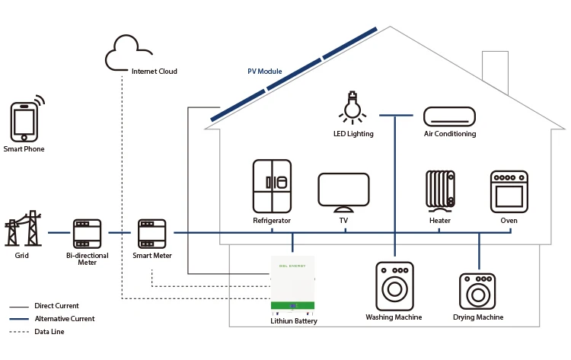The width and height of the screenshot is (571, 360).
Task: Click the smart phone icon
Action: [24, 122]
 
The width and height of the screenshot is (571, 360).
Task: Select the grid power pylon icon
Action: [23, 228]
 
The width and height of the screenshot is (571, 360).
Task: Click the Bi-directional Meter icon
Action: [87, 234]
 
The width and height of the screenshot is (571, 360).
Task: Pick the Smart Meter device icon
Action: [152, 234]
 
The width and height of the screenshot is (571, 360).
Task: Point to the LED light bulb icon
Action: [352, 108]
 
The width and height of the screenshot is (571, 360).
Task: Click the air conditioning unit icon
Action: [449, 116]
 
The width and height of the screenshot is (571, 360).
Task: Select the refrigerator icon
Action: [272, 186]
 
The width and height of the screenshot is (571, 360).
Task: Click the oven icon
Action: [509, 192]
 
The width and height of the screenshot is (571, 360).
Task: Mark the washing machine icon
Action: [394, 286]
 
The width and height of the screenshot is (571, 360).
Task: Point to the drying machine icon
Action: [477, 292]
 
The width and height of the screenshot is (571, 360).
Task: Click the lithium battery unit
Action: [293, 285]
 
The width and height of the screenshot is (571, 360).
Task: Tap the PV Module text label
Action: [265, 72]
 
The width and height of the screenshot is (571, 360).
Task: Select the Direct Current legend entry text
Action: [56, 306]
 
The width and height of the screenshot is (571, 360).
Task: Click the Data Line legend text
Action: [49, 332]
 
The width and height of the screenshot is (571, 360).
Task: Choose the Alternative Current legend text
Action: [65, 318]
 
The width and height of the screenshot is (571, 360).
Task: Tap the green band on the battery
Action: [293, 305]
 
